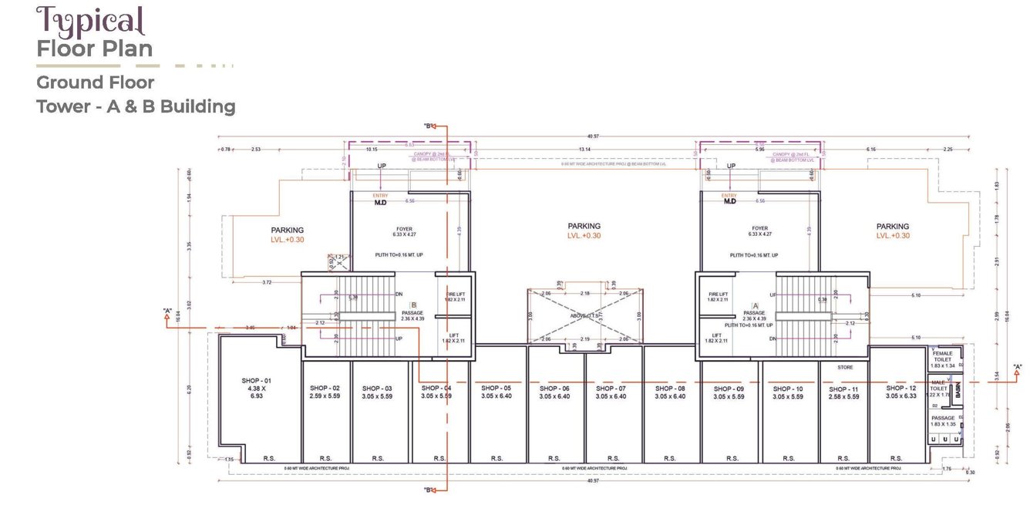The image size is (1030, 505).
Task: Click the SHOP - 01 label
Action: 257,381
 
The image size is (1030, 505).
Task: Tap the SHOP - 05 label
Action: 496,389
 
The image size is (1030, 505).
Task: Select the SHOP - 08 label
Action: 669,389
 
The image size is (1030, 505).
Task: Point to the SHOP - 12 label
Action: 900,388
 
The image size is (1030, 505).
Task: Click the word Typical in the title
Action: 89,21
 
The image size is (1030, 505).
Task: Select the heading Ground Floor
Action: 96,82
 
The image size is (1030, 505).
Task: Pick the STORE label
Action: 846,368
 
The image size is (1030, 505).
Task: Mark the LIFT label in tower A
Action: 717,335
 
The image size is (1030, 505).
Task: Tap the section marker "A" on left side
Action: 167,311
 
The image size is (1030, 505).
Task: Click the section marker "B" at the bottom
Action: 429,490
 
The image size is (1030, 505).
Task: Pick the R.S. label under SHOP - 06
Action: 554,458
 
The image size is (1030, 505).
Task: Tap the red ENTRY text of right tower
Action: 729,196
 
